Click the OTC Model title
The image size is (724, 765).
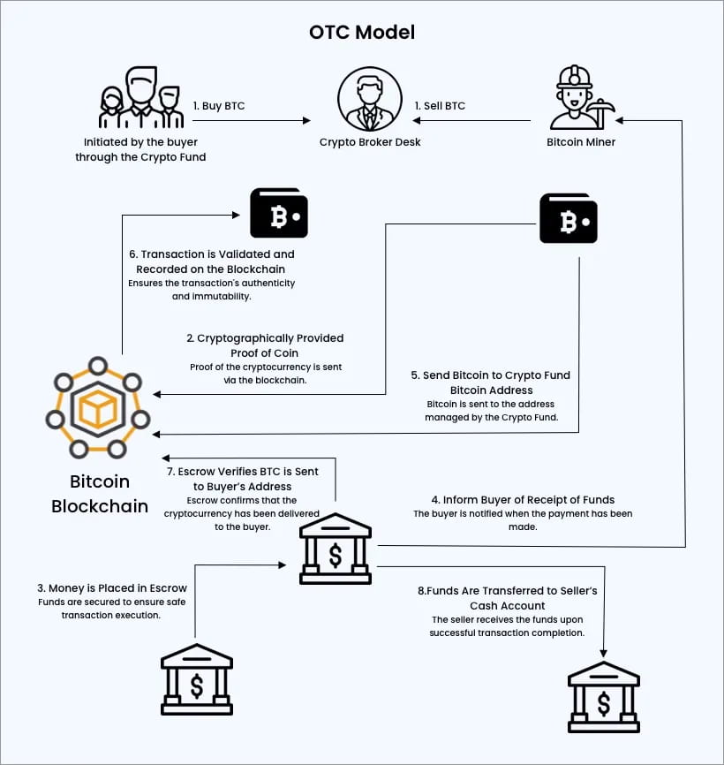coord(362,32)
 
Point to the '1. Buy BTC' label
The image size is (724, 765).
coord(219,106)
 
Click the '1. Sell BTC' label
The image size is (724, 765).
coord(439,106)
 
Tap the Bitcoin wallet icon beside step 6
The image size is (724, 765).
coord(279,213)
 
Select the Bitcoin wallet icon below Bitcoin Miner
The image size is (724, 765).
coord(569,218)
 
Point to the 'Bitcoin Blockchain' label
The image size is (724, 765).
coord(100,494)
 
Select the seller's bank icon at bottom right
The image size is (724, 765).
coord(603,697)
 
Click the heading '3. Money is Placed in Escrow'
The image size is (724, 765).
coord(112,587)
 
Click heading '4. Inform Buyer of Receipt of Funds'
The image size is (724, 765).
coord(523,500)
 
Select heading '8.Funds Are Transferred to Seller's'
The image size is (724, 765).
coord(506,591)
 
